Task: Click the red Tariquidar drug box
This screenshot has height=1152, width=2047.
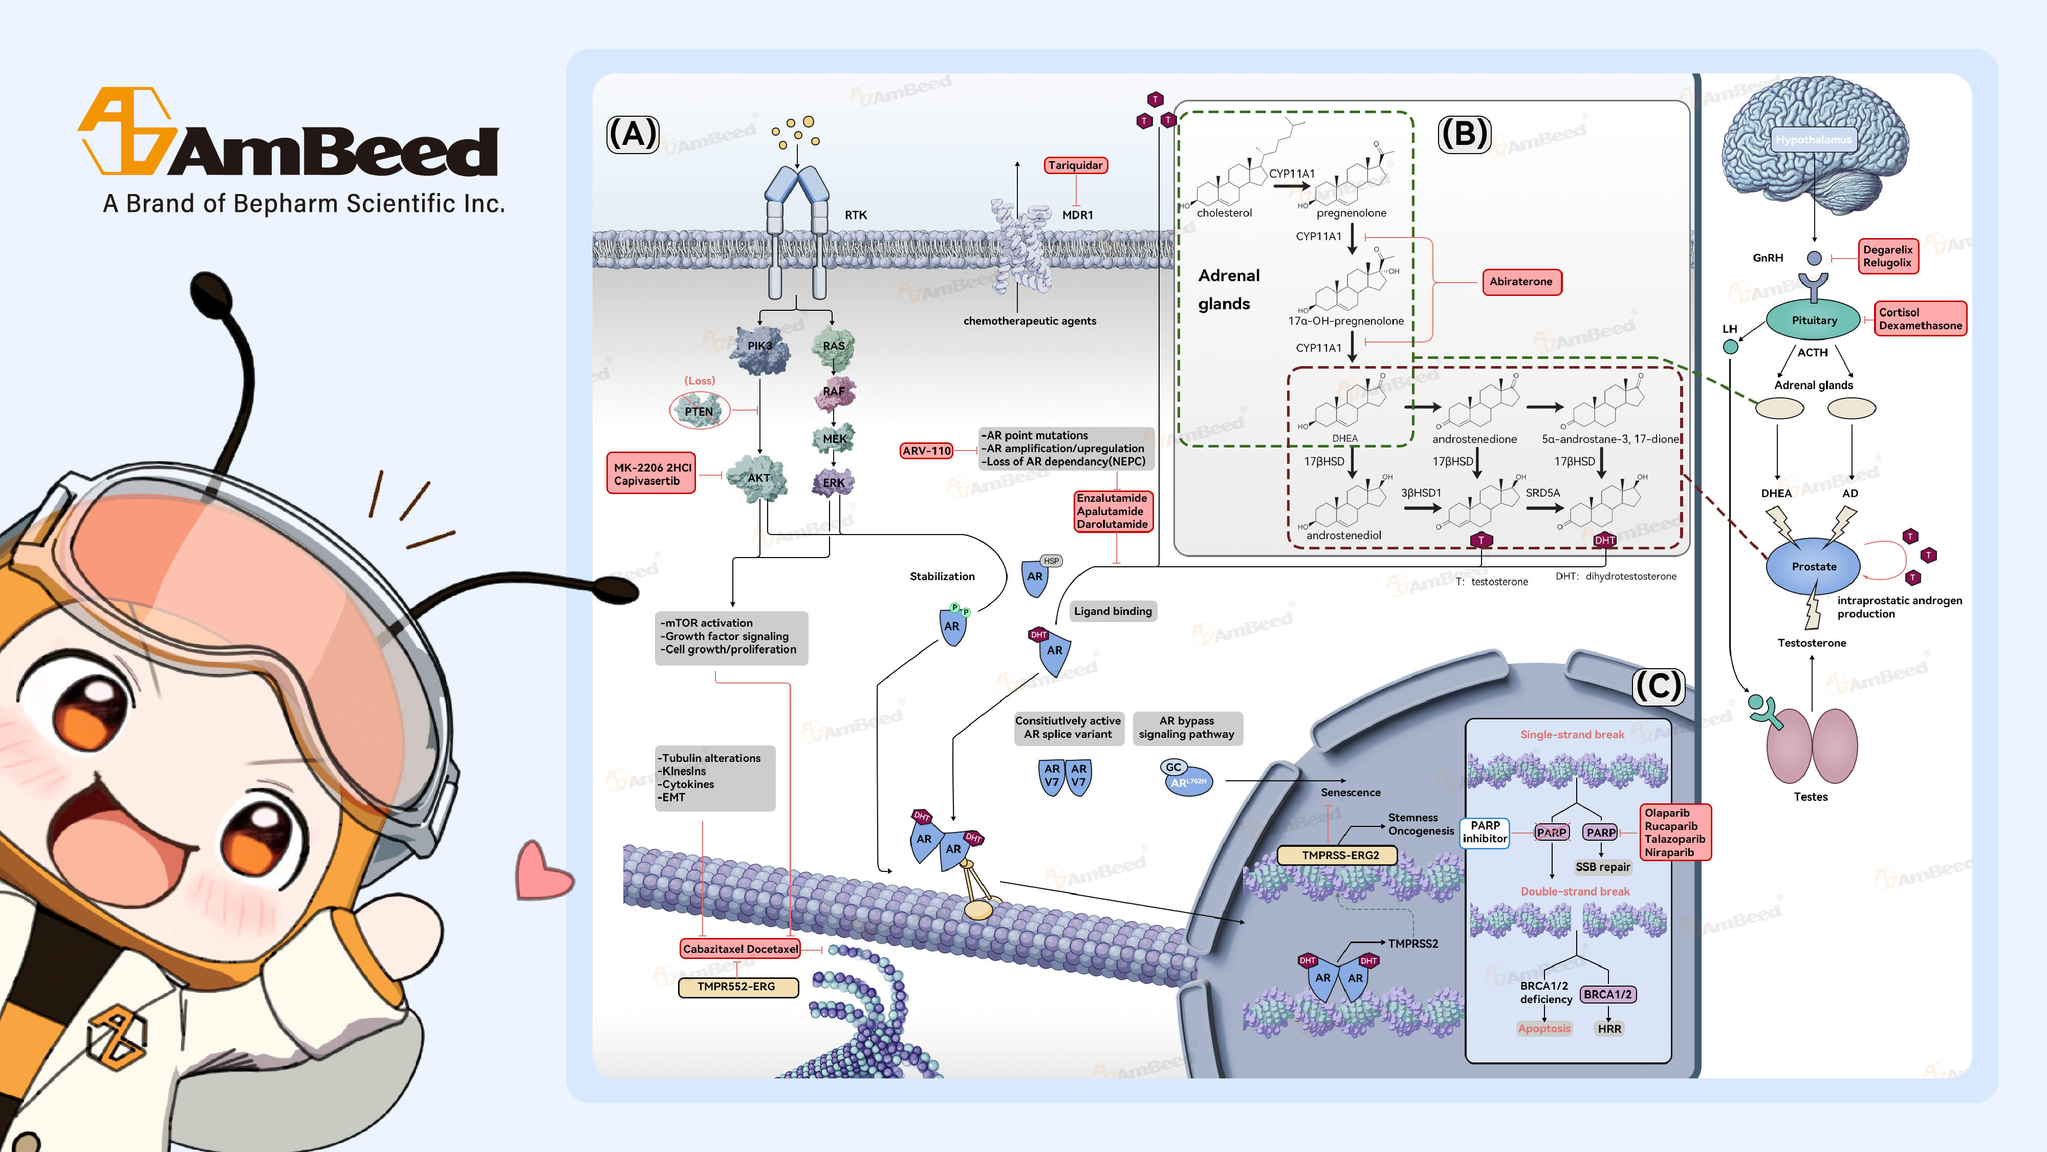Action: coord(1075,165)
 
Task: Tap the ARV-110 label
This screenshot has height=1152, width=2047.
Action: coord(927,451)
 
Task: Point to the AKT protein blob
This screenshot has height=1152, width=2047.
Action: coord(758,478)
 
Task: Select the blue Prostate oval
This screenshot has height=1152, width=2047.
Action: coord(1813,567)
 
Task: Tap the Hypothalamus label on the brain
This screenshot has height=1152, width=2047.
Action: coord(1813,140)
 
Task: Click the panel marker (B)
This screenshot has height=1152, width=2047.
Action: coord(1464,134)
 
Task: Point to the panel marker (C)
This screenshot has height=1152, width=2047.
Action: coord(1658,686)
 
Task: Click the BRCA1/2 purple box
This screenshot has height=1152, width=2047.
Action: coord(1607,995)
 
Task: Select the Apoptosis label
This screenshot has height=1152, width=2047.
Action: coord(1544,1029)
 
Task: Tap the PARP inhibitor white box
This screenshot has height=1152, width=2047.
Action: coord(1485,833)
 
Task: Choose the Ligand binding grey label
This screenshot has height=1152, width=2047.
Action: coord(1113,611)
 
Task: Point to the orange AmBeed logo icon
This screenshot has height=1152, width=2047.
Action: coord(127,131)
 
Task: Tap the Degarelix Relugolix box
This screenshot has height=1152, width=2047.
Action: coord(1887,256)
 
